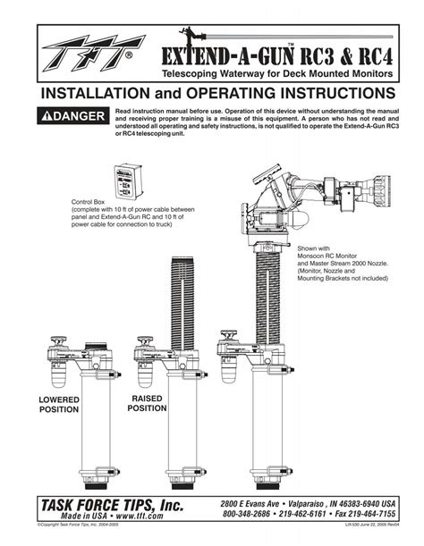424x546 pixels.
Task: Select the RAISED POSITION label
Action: tap(148, 401)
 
